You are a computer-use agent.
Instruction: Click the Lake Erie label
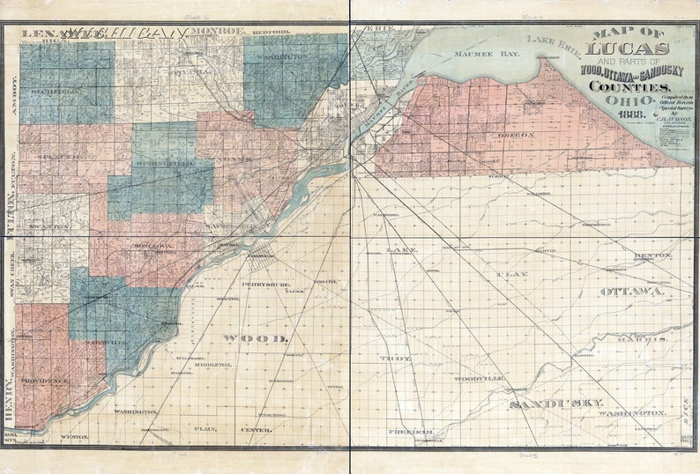(554, 41)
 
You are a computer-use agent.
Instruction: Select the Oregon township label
(515, 134)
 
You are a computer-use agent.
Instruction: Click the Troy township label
(390, 359)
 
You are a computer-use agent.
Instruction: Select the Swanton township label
(48, 226)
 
